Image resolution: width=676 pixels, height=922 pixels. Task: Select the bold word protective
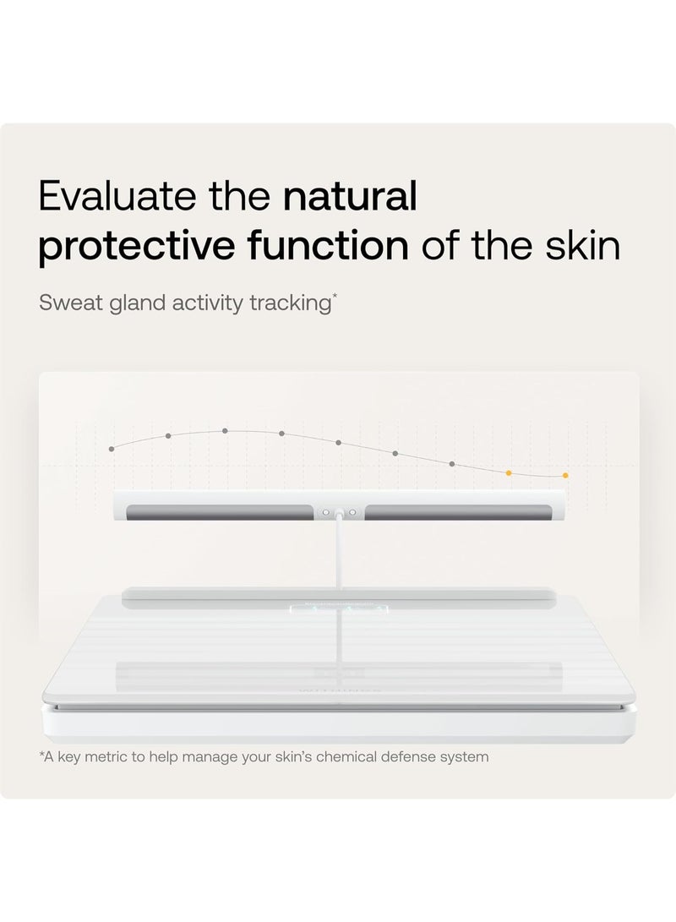point(132,247)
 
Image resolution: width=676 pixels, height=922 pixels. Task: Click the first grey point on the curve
point(112,449)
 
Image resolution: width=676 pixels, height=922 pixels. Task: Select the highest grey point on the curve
point(225,431)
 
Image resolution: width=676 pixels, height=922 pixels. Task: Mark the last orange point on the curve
point(565,476)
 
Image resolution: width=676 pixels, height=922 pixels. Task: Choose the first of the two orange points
point(509,473)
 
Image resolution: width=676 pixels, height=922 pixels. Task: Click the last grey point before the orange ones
point(452,464)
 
